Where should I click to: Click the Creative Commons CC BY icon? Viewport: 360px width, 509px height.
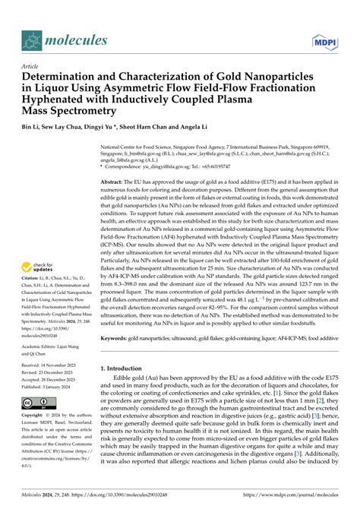[36, 402]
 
